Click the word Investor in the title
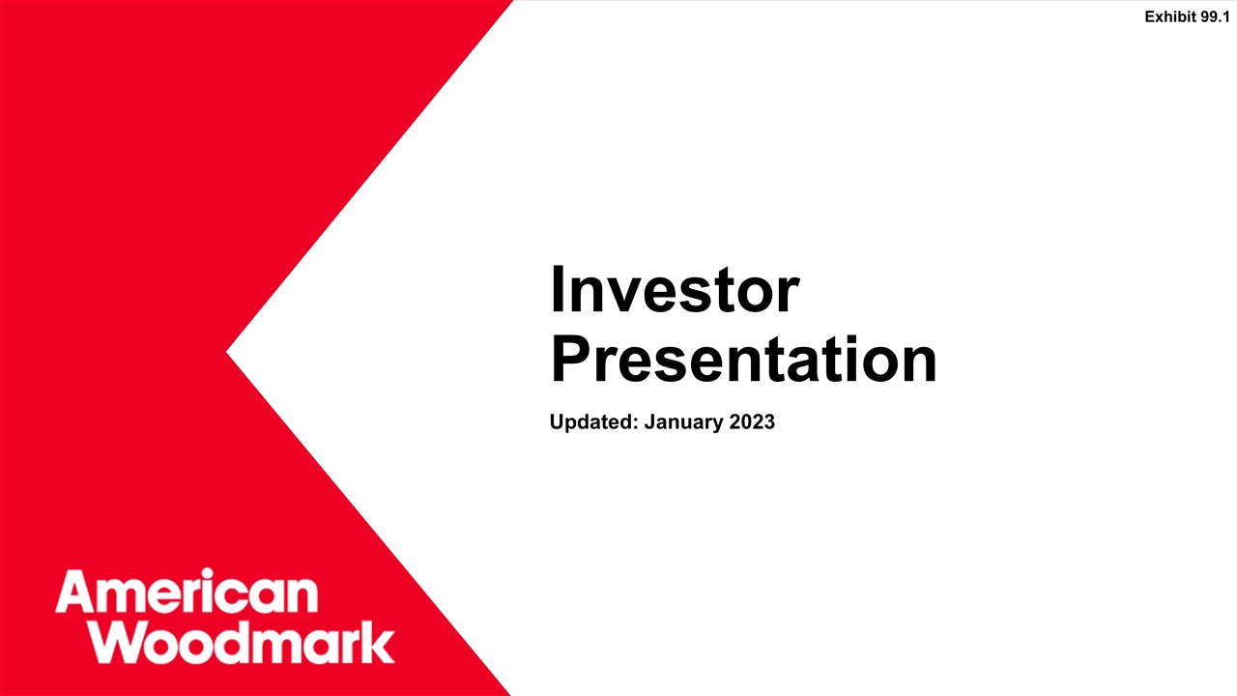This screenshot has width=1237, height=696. (x=674, y=290)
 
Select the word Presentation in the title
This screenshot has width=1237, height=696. (x=743, y=361)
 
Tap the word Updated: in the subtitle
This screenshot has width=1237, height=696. (x=589, y=422)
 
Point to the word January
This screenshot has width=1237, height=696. (x=674, y=422)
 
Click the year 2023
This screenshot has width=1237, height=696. (x=747, y=422)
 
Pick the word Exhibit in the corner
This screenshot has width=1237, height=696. (x=1170, y=16)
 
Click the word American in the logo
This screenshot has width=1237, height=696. (x=187, y=592)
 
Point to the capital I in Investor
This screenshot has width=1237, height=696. (x=557, y=290)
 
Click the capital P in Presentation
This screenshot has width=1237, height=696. (x=570, y=361)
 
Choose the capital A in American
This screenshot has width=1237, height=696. (x=74, y=592)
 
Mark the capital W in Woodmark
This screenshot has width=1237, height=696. (x=129, y=643)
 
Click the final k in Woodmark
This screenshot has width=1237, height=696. (x=380, y=643)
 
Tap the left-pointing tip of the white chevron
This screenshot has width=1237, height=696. (x=229, y=351)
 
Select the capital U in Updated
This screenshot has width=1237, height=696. (x=556, y=422)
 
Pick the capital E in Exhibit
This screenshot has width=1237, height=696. (x=1150, y=16)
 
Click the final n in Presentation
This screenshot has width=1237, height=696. (x=919, y=365)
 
